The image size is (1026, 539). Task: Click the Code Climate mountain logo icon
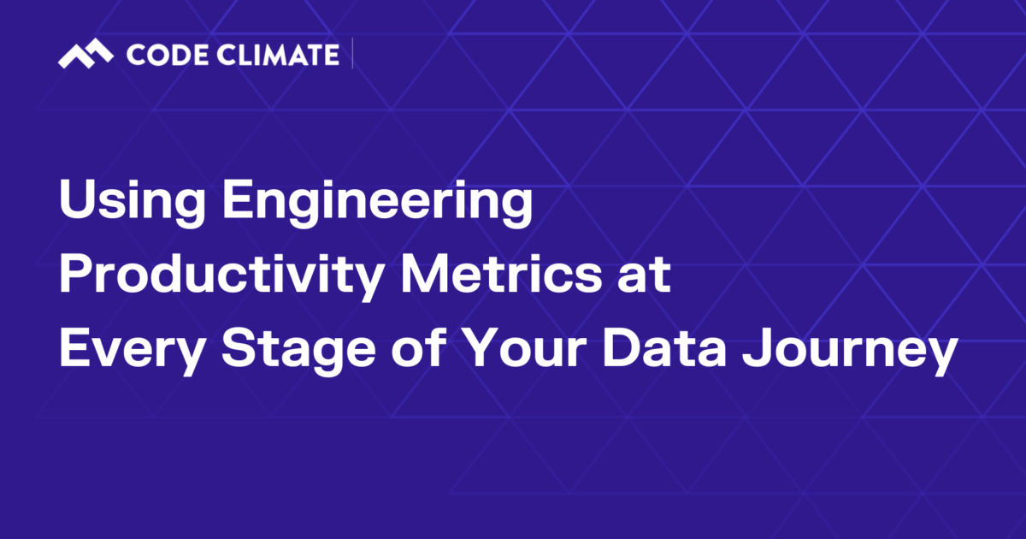point(85,55)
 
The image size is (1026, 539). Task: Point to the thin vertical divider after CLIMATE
point(352,55)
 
